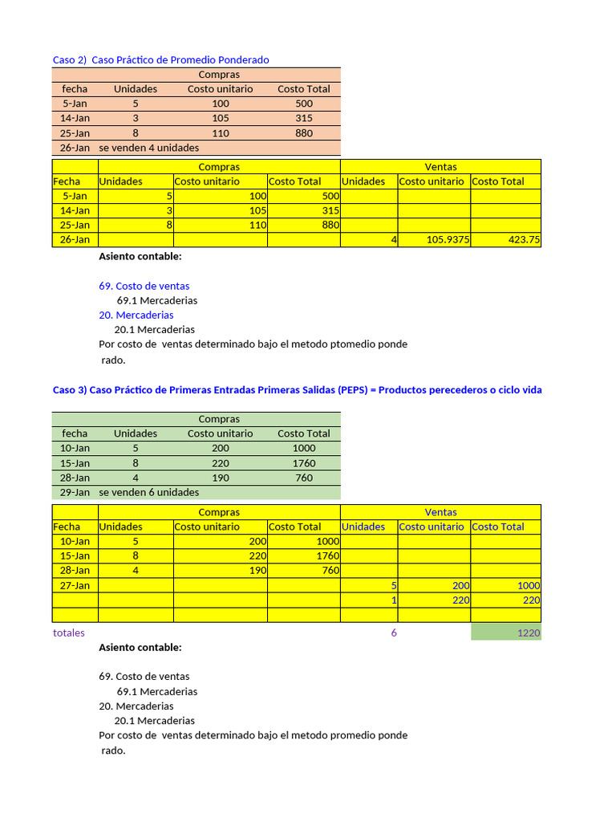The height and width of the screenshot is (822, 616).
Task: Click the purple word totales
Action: [x=68, y=633]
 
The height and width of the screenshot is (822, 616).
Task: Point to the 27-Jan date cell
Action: [x=75, y=585]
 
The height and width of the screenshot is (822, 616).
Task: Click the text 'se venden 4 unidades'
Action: [x=148, y=148]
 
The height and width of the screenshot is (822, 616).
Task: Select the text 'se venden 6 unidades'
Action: [x=148, y=492]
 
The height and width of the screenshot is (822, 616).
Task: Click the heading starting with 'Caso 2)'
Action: [x=160, y=59]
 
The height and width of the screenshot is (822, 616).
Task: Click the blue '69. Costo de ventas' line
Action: [x=144, y=286]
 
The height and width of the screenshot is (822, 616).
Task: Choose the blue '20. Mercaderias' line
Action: [x=136, y=315]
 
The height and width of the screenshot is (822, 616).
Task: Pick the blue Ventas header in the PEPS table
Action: [x=440, y=511]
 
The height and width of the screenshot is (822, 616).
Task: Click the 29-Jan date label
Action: [x=75, y=492]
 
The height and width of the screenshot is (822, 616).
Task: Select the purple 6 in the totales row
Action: [x=394, y=633]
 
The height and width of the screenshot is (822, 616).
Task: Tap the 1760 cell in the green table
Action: [x=304, y=463]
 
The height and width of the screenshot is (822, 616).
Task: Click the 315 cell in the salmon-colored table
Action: [x=304, y=118]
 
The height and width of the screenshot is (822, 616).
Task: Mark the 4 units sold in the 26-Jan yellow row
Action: [x=393, y=239]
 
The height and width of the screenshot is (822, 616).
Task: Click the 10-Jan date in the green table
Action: [x=75, y=448]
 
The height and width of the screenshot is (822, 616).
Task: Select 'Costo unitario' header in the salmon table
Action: [x=220, y=89]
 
